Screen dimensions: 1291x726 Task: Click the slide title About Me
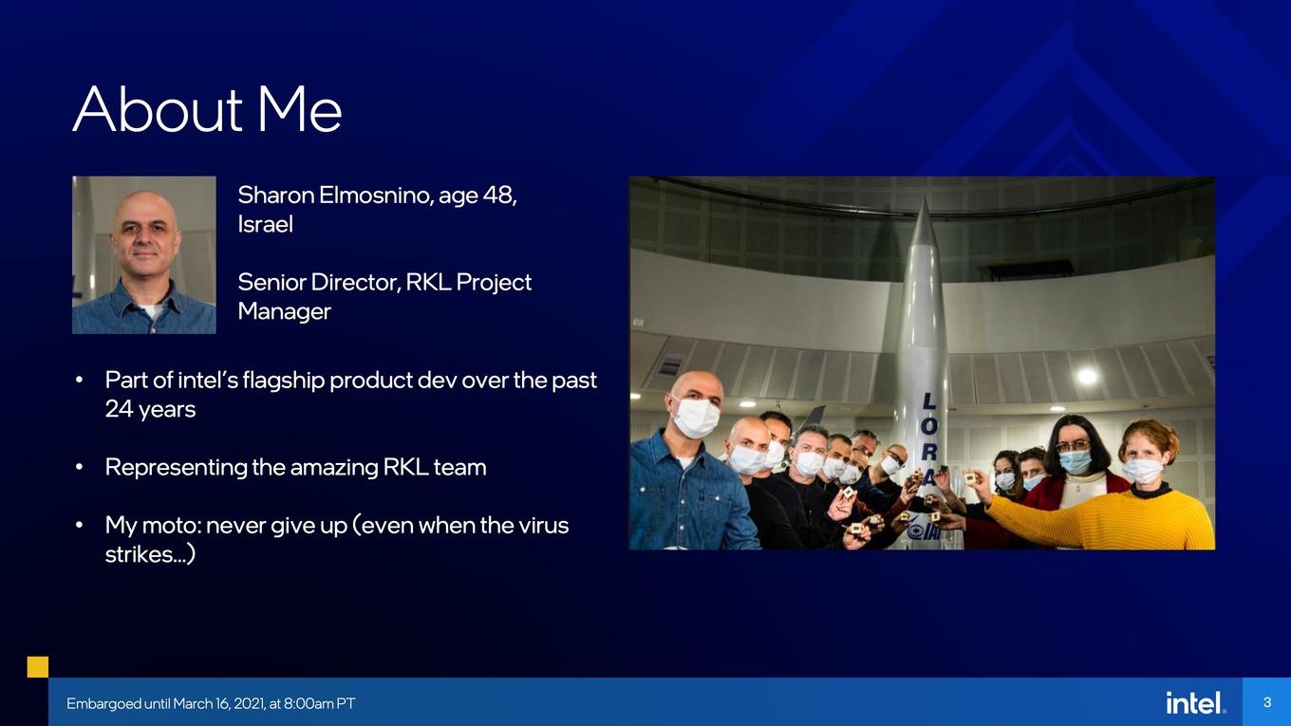208,109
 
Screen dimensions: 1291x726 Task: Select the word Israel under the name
265,224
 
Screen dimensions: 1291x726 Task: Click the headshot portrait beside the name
144,254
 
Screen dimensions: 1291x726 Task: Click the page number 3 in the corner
1266,702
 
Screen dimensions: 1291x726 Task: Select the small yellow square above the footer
38,666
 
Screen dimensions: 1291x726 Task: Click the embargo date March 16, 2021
219,703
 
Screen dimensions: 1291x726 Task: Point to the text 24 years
150,409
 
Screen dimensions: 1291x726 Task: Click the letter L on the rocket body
928,401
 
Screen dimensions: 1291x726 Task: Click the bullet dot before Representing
80,467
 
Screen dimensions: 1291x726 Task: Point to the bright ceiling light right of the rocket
1088,376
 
